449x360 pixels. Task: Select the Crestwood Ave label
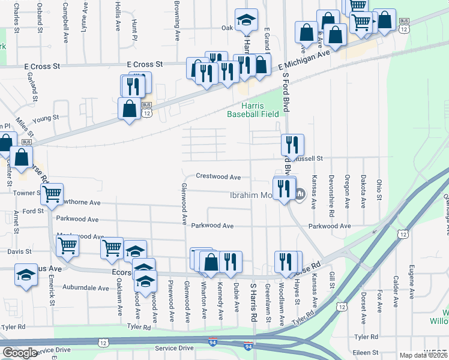point(218,177)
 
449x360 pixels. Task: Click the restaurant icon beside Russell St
point(292,145)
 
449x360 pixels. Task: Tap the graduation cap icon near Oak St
point(246,20)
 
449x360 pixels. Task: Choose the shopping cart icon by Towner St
point(53,194)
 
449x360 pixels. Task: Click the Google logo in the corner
point(20,352)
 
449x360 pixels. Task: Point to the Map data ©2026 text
point(423,355)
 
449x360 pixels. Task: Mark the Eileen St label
point(366,353)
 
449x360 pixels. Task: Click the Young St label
point(46,118)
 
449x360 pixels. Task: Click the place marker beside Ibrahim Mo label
point(300,193)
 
